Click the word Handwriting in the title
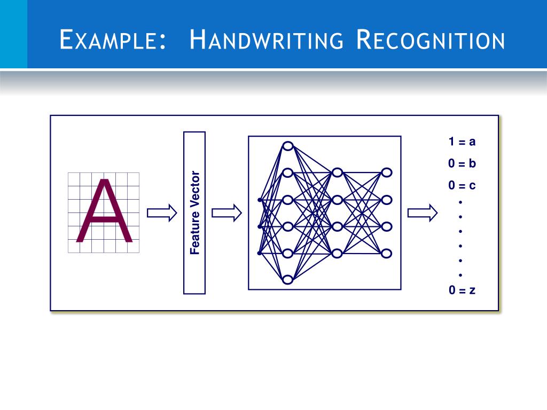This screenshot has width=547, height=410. (x=267, y=41)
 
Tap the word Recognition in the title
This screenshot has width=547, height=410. (x=430, y=41)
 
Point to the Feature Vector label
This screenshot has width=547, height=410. (x=195, y=212)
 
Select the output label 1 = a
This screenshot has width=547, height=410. (x=462, y=142)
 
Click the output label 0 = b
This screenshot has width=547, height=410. (x=462, y=164)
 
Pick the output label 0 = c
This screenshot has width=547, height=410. (x=462, y=186)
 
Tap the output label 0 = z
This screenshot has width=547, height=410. (x=462, y=291)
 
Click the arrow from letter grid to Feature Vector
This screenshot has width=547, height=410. (x=161, y=213)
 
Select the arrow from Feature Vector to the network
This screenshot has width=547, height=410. (x=226, y=213)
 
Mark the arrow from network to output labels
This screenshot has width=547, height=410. (x=423, y=213)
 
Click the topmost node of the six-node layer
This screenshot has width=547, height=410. (x=288, y=146)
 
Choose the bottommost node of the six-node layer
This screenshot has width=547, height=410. (x=288, y=279)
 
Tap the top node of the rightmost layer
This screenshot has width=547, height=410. (x=387, y=172)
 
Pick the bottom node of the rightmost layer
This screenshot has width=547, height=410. (x=387, y=253)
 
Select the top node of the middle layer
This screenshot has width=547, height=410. (x=337, y=172)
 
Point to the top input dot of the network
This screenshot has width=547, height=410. (x=259, y=200)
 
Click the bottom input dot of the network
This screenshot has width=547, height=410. (x=259, y=253)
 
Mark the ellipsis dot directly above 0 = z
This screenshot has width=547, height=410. (x=460, y=274)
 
